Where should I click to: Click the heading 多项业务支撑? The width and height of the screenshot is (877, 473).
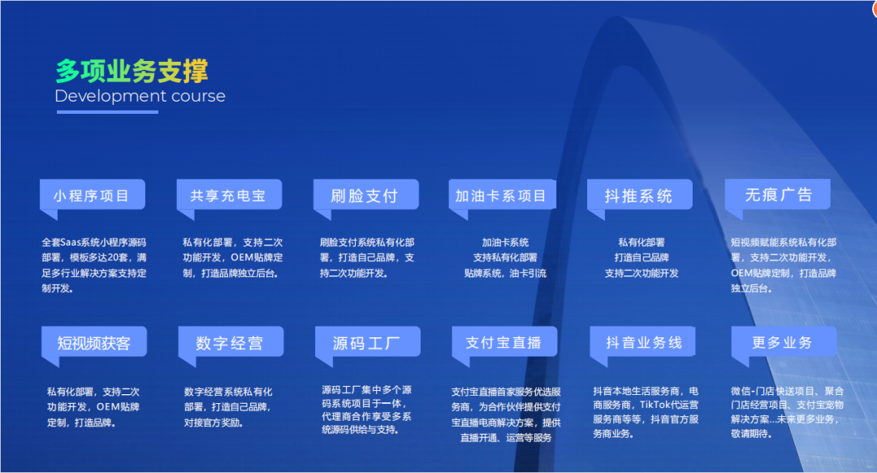coord(132,71)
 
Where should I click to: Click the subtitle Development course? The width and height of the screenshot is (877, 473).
coord(140,96)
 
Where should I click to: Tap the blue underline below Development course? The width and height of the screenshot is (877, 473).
coord(107,112)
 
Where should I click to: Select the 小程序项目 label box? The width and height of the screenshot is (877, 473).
coord(93,195)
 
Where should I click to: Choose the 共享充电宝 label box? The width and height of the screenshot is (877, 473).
coord(229,195)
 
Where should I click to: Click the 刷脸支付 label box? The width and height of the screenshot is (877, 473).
coord(365,195)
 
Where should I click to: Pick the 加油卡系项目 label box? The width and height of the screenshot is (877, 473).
coord(503,195)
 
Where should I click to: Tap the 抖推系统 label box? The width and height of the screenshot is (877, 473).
coord(639,195)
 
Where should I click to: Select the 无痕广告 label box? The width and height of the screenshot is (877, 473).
coord(777,195)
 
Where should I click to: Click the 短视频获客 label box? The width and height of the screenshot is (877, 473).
coord(94,342)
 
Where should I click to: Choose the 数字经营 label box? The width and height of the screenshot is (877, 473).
coord(231,342)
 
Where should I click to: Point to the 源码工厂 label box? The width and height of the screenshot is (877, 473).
coord(368,342)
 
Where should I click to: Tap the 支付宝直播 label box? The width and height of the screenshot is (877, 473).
coord(504,342)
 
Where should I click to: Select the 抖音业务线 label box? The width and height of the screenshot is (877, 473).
coord(642,342)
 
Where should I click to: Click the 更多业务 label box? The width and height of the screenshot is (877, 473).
coord(784,342)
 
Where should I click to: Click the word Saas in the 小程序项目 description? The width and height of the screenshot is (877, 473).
coord(71,242)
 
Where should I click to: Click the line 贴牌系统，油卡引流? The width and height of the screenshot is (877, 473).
coord(505,273)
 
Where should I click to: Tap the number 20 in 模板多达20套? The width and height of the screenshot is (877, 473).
coord(113,258)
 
